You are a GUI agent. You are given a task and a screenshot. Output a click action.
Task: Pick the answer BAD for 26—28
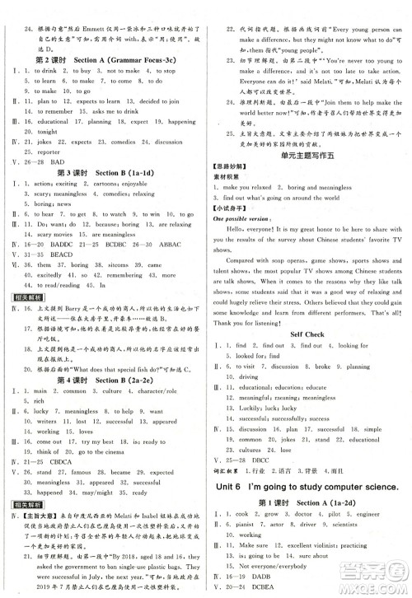[x=73, y=163]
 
